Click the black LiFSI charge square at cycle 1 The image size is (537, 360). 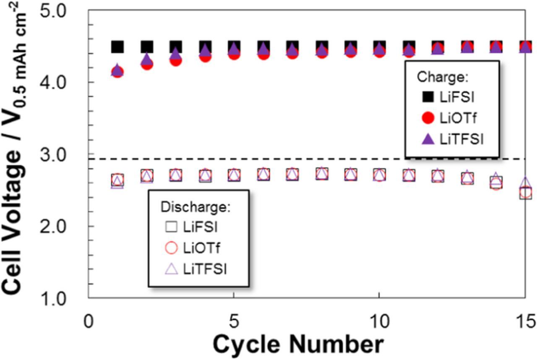(117, 47)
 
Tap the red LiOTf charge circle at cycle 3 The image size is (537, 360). (176, 61)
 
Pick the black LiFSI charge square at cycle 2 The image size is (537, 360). (147, 47)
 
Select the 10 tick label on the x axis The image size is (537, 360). (379, 322)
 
